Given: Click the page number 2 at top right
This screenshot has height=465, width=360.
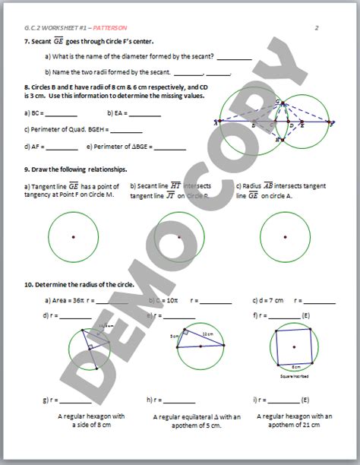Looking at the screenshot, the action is [316, 27].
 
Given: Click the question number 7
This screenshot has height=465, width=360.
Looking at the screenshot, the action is [27, 42].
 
